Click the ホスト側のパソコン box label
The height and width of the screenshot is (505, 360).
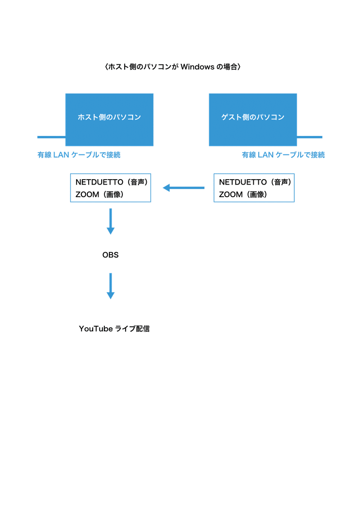click(x=109, y=117)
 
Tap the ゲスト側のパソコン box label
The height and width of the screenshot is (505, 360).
click(x=253, y=117)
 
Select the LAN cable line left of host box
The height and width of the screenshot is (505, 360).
click(x=51, y=137)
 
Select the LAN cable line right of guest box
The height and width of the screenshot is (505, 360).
click(x=310, y=137)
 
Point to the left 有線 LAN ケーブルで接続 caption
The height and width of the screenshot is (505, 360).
click(x=79, y=155)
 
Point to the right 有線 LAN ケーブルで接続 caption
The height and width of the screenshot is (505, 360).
click(x=283, y=155)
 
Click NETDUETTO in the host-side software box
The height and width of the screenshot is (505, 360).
click(x=99, y=182)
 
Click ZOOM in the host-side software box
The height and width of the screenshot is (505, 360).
click(x=87, y=194)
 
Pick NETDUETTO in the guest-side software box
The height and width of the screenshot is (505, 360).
click(x=243, y=182)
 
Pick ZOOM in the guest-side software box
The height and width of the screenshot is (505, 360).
click(x=231, y=194)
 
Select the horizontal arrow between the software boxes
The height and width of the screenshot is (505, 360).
click(x=183, y=188)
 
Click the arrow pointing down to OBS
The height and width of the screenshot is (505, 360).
click(x=111, y=221)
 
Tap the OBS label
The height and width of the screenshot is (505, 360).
click(x=110, y=255)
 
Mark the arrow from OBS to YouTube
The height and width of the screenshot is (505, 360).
click(x=111, y=286)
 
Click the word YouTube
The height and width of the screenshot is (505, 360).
click(x=95, y=329)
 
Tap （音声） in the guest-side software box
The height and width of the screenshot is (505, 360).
click(x=281, y=182)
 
